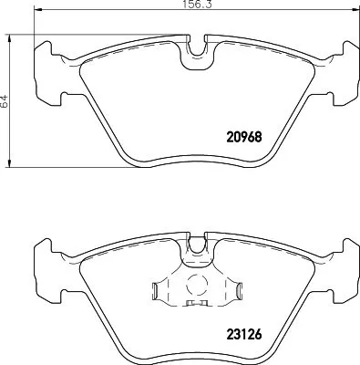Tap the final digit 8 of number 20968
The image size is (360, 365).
coord(260,137)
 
